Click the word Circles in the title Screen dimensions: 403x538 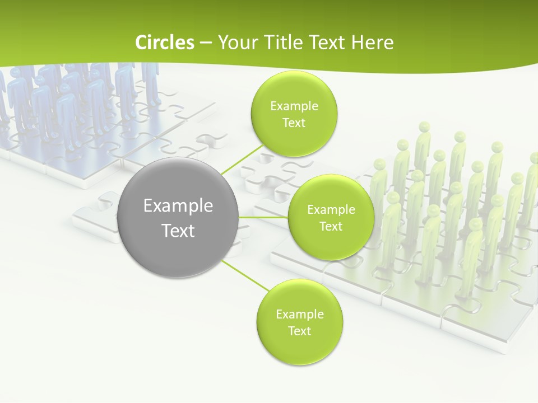[x=164, y=43]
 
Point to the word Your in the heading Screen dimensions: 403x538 [x=238, y=43]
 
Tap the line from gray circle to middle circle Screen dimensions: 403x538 [x=263, y=217]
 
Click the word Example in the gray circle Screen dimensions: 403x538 [x=178, y=206]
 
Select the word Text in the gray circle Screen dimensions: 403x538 [x=178, y=231]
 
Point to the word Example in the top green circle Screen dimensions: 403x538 [x=294, y=106]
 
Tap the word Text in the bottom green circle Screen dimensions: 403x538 [x=300, y=331]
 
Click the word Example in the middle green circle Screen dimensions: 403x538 [x=331, y=209]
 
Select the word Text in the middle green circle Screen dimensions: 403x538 [x=331, y=226]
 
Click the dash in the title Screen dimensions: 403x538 [x=205, y=43]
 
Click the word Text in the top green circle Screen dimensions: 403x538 [x=294, y=123]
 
